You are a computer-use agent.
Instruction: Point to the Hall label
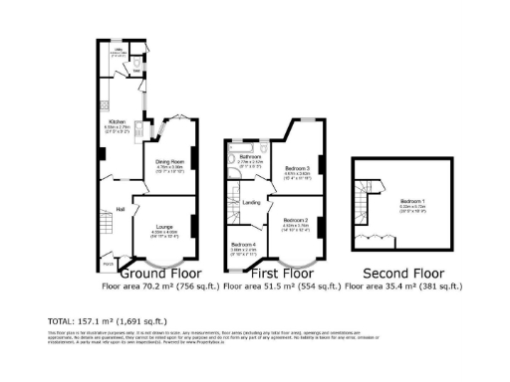(x=120, y=209)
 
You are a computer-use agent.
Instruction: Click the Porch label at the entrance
(x=108, y=262)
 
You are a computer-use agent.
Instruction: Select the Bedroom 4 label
(x=244, y=245)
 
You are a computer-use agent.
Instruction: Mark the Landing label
(x=252, y=204)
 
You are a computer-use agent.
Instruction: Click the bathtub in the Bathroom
(x=237, y=165)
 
